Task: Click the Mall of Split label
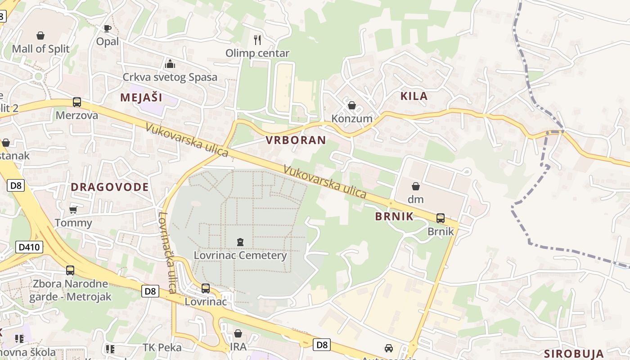(40, 49)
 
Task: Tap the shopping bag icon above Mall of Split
(40, 35)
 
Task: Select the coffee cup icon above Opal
(107, 29)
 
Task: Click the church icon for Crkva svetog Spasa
(170, 63)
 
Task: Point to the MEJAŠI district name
(141, 97)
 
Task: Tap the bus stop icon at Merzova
(77, 102)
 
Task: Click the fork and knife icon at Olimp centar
(257, 40)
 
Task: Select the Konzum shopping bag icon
(352, 105)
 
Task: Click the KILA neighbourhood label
(414, 96)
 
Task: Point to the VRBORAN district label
(296, 140)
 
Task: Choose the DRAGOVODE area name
(109, 187)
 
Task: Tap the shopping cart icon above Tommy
(73, 210)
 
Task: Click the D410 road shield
(29, 247)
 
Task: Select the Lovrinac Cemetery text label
(240, 256)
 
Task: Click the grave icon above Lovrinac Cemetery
(240, 242)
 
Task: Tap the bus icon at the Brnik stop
(441, 218)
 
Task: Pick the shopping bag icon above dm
(416, 186)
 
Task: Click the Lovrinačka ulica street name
(166, 252)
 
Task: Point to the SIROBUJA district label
(573, 353)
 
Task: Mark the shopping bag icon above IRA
(238, 333)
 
